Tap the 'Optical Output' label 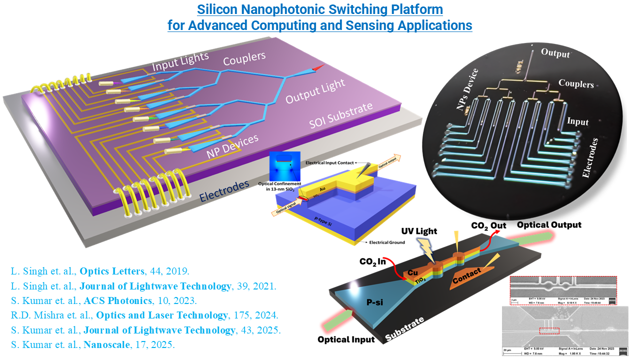pos(549,225)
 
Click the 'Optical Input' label pos(346,339)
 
